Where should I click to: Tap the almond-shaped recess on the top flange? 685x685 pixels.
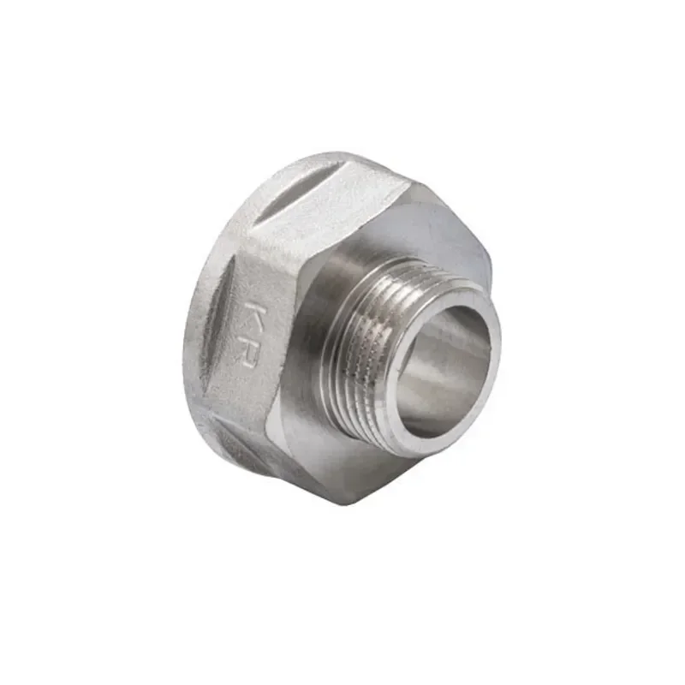[291, 184]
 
